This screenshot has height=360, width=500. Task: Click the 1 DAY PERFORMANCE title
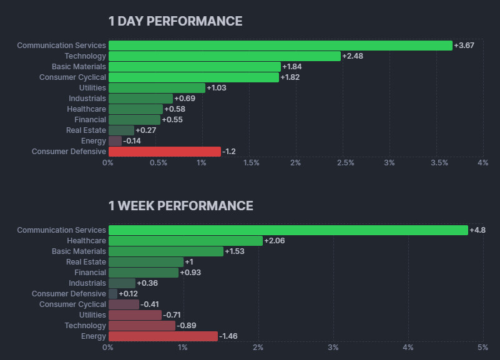point(175,21)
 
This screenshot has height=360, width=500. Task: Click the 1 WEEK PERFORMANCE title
point(180,206)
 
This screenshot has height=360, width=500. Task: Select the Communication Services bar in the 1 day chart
point(280,46)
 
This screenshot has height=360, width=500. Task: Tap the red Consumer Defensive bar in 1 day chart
point(164,152)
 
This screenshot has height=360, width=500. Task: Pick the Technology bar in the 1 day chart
point(225,56)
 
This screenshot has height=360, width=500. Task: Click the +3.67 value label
point(465,46)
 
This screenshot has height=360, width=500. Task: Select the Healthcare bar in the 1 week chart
point(185,241)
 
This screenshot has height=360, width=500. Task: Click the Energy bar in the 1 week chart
point(163,336)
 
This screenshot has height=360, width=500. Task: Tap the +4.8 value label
point(478,230)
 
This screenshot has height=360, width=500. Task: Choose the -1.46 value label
point(230,336)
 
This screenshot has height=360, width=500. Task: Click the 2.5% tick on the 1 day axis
point(345,163)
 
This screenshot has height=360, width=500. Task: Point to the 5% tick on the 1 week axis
point(483,347)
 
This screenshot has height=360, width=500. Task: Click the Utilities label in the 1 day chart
point(92,88)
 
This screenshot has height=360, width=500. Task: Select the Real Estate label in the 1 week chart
point(86,262)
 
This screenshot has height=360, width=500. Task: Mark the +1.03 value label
point(217,88)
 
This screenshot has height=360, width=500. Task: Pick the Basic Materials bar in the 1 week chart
point(165,251)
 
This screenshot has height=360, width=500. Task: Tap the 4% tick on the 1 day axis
point(483,163)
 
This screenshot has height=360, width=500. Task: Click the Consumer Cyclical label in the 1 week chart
point(72,304)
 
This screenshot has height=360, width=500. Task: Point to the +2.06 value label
point(275,241)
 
